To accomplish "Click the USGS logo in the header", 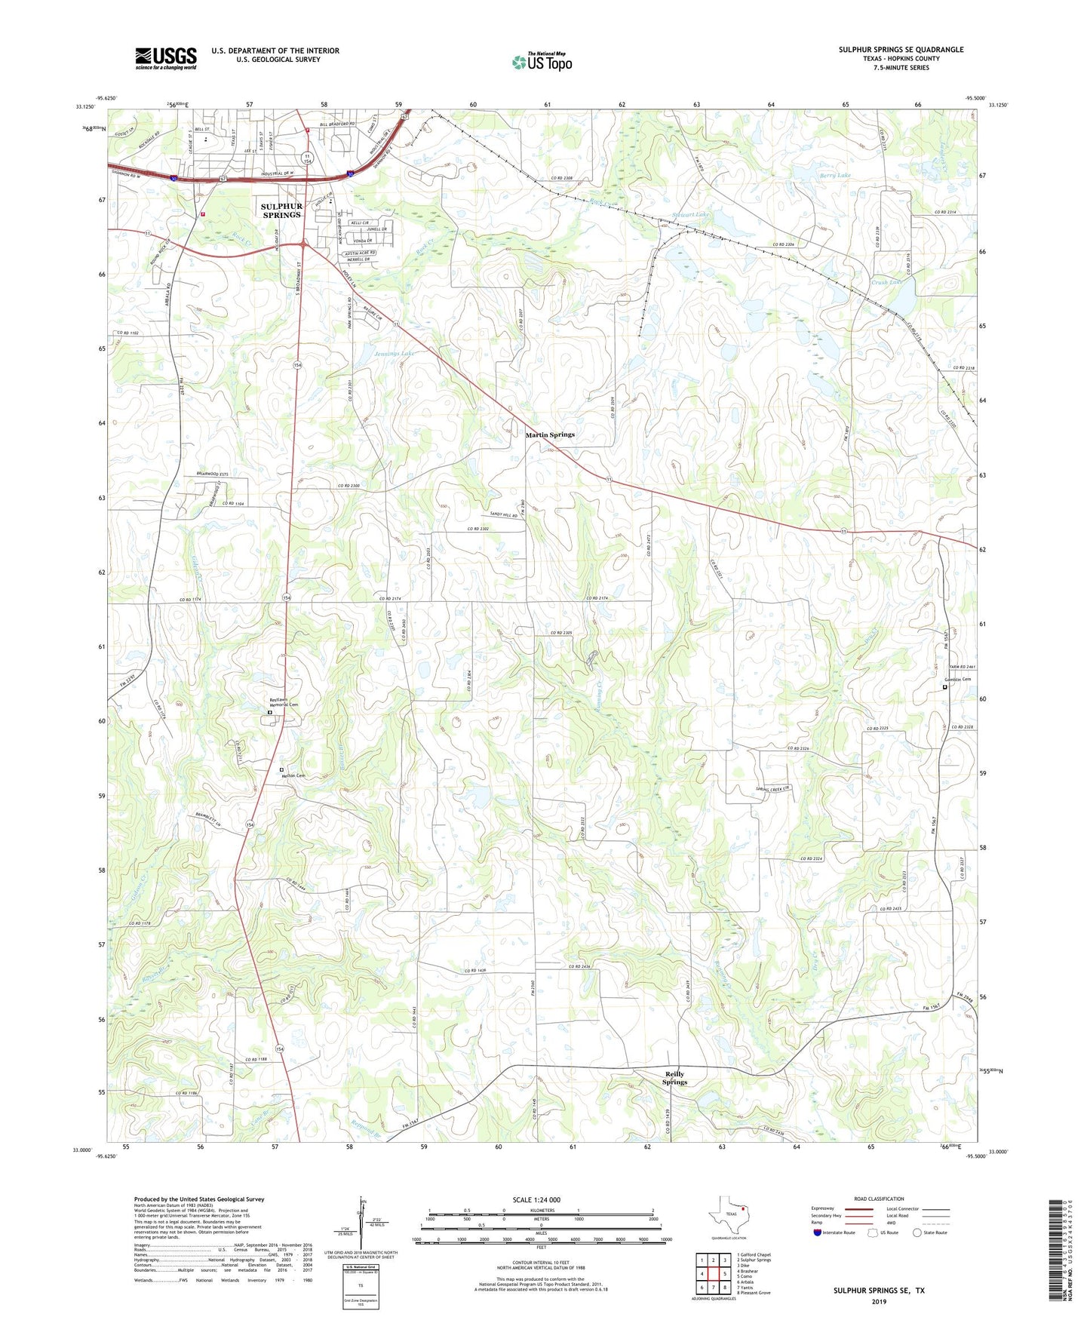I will click(166, 58).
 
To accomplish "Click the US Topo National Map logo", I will click(542, 61).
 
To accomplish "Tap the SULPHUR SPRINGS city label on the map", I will click(281, 210).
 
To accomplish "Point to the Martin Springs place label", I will click(550, 434).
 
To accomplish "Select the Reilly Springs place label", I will click(674, 1078).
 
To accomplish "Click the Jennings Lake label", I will click(395, 353).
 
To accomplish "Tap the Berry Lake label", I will click(835, 175).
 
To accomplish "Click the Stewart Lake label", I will click(691, 215).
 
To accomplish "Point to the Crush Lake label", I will click(886, 282).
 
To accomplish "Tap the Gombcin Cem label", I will click(955, 680).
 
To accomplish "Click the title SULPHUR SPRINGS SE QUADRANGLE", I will click(901, 50).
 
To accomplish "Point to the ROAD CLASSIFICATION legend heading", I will click(879, 1199).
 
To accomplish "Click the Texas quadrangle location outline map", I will click(728, 1212).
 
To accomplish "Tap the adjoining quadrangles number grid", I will click(713, 1274).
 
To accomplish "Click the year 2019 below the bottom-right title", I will click(878, 1301).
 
